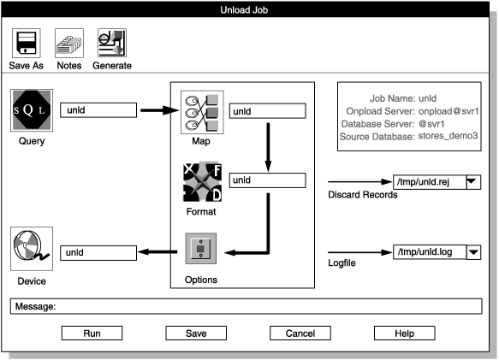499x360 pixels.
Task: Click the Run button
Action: coord(92,333)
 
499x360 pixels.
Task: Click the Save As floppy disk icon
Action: coord(26,43)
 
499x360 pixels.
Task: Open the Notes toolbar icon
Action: coord(68,43)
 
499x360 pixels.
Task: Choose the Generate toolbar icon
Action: coord(111,43)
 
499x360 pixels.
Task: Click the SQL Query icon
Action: coord(31,111)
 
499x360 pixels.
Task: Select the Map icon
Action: coord(202,111)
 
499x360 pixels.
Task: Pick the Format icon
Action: coord(202,180)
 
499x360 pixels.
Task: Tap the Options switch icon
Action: coord(202,250)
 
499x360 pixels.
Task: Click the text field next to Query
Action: coord(99,109)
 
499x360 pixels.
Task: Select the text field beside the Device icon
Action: coord(99,252)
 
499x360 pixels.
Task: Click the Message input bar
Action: coord(248,305)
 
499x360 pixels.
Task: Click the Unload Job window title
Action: coord(248,9)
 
